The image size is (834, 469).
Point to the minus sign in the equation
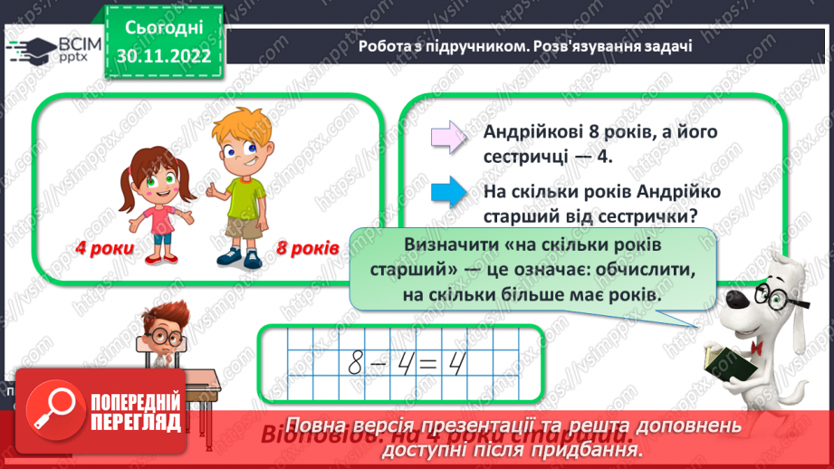click(x=379, y=364)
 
